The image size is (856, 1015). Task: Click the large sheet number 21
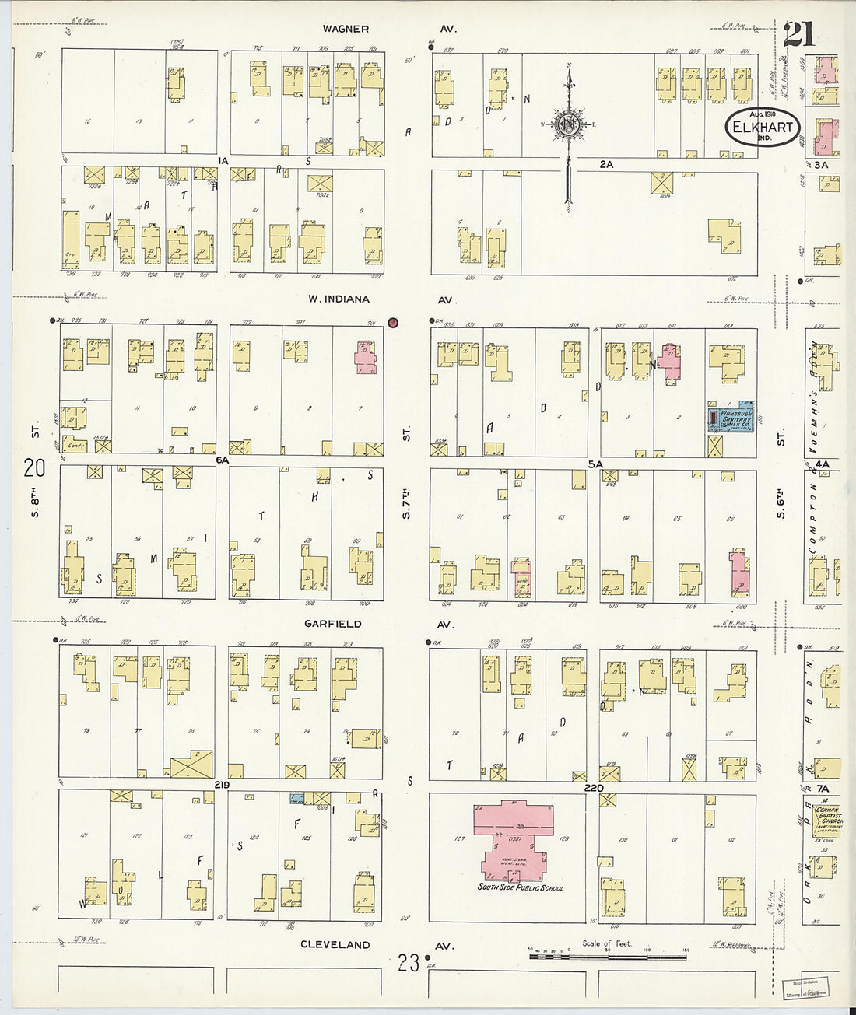point(800,35)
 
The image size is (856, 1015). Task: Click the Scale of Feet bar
point(607,954)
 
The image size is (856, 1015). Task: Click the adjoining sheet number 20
point(35,468)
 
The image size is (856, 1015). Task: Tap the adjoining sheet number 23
point(408,964)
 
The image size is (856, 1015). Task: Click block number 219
point(223,786)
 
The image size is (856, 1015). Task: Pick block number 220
point(593,787)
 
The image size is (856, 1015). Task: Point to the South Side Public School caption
point(521,887)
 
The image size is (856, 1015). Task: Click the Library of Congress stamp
point(806,988)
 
